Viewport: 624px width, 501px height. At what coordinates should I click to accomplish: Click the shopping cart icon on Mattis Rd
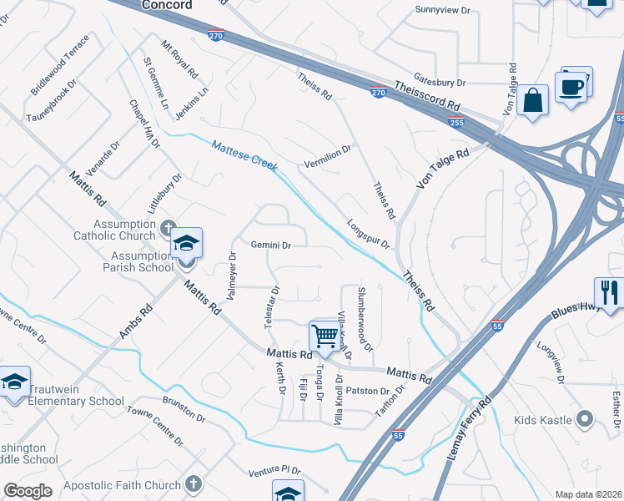click(x=324, y=336)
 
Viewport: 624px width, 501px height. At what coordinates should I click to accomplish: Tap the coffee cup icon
click(x=571, y=87)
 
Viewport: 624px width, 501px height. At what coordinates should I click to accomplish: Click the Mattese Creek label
click(x=244, y=155)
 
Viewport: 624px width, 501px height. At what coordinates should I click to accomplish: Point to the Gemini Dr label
click(x=271, y=245)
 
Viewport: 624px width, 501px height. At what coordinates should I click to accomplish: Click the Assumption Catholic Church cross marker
click(x=168, y=227)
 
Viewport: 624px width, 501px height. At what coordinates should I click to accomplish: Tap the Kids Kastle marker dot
click(x=586, y=419)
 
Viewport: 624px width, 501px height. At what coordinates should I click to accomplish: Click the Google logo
click(x=28, y=491)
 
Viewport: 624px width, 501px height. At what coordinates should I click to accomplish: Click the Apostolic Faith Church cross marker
click(x=194, y=483)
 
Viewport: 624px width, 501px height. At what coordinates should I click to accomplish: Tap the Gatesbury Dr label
click(x=439, y=83)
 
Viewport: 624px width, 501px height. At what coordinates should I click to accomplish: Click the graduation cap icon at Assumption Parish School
click(x=187, y=243)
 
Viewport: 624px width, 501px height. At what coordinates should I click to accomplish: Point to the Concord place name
click(x=167, y=5)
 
